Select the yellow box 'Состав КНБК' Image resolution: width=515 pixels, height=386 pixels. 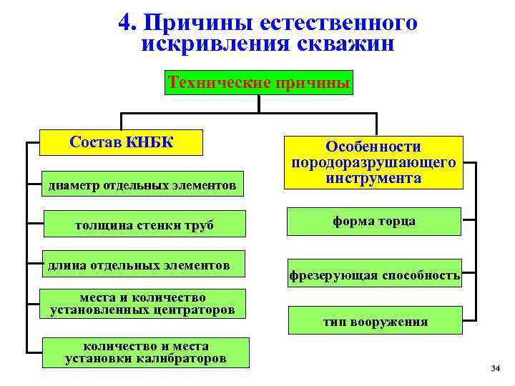[x=121, y=141]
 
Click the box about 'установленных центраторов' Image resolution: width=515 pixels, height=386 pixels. [x=142, y=304]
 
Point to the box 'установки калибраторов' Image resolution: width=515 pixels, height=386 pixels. [x=145, y=352]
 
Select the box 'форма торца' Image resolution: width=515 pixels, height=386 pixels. [x=373, y=222]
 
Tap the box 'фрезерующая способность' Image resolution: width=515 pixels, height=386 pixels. [x=374, y=274]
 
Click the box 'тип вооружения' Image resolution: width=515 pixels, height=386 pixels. [x=375, y=321]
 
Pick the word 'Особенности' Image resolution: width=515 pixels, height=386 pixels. [x=373, y=147]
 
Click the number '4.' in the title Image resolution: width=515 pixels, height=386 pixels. [x=129, y=24]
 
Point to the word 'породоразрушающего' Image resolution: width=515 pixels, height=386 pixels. [x=373, y=162]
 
